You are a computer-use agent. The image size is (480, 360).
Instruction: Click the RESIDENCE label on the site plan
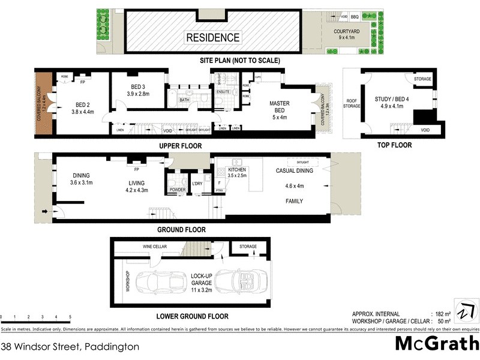point(212,37)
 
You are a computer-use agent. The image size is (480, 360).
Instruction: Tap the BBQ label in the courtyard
point(355,16)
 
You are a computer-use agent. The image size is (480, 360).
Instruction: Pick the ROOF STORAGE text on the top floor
point(352,103)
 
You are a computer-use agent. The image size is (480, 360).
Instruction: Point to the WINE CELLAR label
point(154,247)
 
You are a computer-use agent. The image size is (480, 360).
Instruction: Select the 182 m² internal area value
point(440,314)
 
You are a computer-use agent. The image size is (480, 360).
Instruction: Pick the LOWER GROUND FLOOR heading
point(192,316)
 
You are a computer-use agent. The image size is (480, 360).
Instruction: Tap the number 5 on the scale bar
point(70,316)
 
